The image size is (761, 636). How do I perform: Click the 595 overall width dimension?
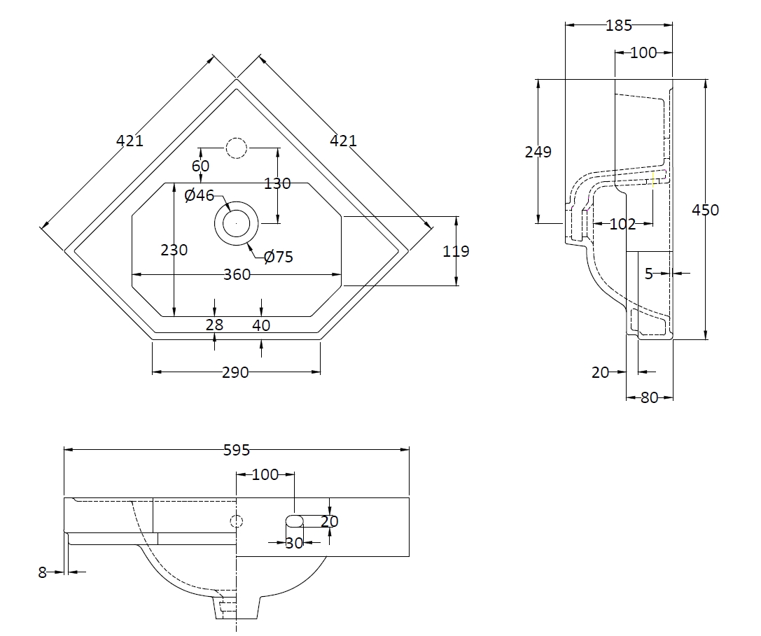237,451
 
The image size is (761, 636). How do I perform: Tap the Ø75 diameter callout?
278,257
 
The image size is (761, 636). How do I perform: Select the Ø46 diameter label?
200,196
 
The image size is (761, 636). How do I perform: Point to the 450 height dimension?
704,210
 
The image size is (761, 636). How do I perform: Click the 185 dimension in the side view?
619,26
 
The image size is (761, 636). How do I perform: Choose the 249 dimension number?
538,152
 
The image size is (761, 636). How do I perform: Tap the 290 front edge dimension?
235,372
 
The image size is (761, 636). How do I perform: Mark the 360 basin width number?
237,275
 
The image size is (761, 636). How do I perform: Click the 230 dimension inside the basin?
174,250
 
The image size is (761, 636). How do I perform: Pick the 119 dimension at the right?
456,251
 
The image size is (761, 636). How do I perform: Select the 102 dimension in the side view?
622,224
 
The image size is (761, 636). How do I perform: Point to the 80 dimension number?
650,397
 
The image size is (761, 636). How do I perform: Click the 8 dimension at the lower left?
42,572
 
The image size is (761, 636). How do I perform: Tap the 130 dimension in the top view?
277,184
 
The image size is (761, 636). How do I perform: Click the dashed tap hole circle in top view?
237,148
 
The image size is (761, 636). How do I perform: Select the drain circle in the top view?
237,222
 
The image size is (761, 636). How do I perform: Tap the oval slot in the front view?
295,521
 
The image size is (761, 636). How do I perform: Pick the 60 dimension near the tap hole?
201,166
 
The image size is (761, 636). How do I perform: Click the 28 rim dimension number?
214,325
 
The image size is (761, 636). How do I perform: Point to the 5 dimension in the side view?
649,274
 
